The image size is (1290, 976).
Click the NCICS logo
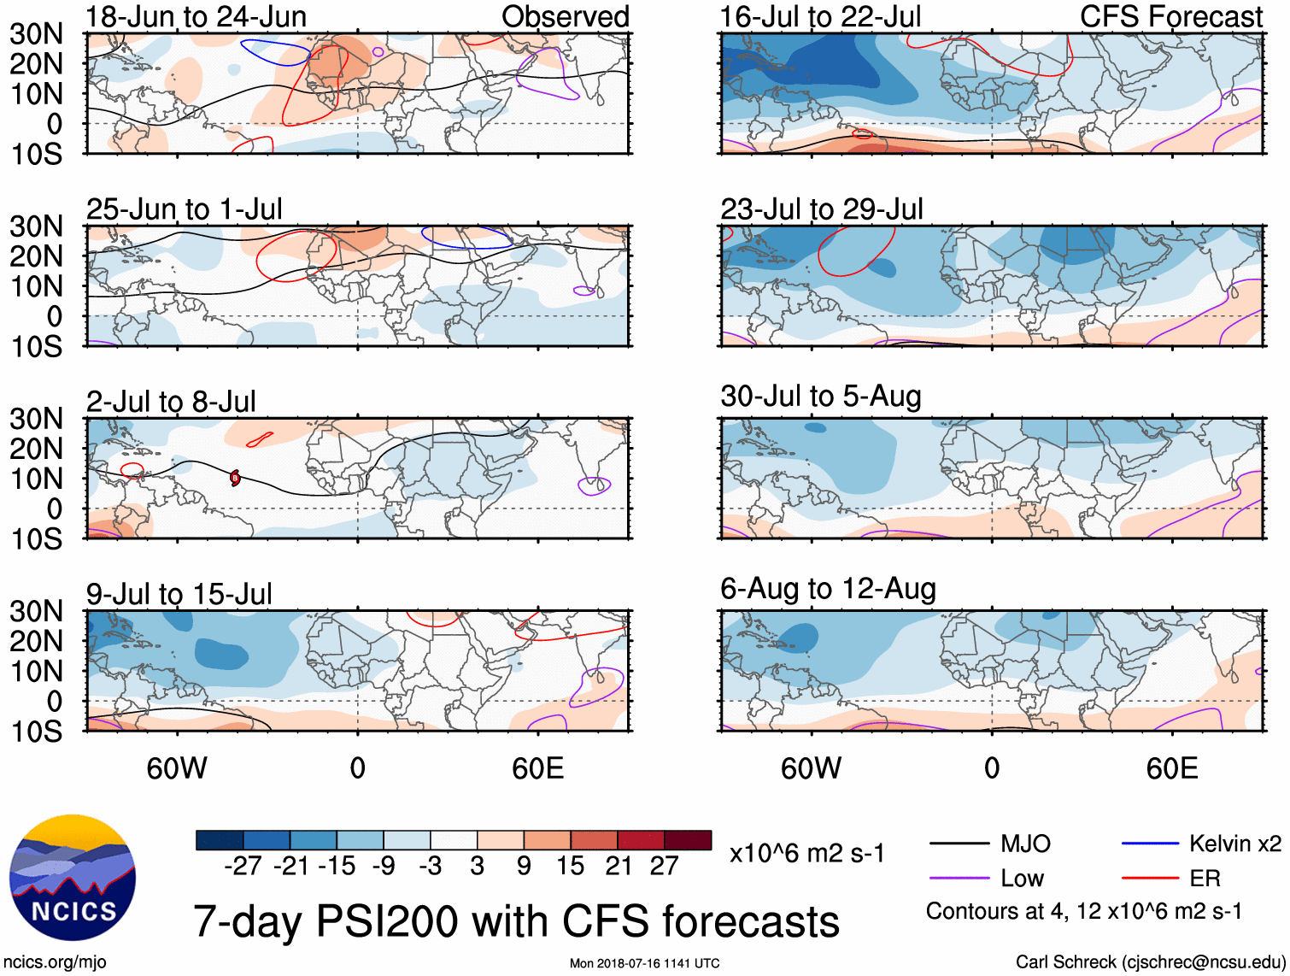pyautogui.click(x=73, y=878)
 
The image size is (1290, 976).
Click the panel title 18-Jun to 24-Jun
pyautogui.click(x=196, y=16)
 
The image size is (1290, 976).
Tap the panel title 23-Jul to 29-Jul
pyautogui.click(x=821, y=209)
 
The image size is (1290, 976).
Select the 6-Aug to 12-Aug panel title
pyautogui.click(x=828, y=589)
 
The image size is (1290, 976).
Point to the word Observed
pyautogui.click(x=565, y=16)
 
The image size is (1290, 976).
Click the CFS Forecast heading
pyautogui.click(x=1170, y=16)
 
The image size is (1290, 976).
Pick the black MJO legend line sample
pyautogui.click(x=959, y=844)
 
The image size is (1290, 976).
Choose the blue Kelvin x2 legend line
pyautogui.click(x=1150, y=844)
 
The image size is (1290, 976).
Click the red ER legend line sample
pyautogui.click(x=1150, y=878)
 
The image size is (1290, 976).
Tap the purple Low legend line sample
pyautogui.click(x=959, y=878)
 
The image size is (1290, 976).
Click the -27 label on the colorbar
pyautogui.click(x=243, y=866)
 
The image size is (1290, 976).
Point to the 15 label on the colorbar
pyautogui.click(x=570, y=866)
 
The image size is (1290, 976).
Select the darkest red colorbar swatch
pyautogui.click(x=688, y=840)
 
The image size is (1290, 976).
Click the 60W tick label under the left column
pyautogui.click(x=177, y=768)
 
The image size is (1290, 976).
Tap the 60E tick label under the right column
pyautogui.click(x=1171, y=768)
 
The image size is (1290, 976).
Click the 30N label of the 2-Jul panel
pyautogui.click(x=36, y=419)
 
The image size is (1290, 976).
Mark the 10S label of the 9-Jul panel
pyautogui.click(x=36, y=732)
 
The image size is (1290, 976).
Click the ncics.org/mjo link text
pyautogui.click(x=55, y=962)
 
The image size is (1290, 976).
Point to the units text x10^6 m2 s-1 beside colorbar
pyautogui.click(x=806, y=853)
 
